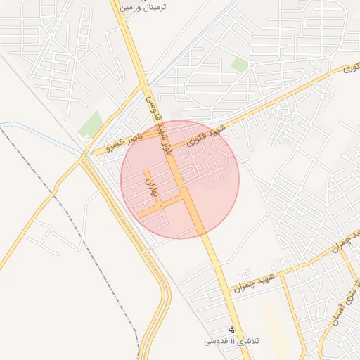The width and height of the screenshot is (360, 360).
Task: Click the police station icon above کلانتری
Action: point(231,330)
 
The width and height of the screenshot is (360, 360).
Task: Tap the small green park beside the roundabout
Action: point(240,65)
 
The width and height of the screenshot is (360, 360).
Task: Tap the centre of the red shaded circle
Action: point(180,179)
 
